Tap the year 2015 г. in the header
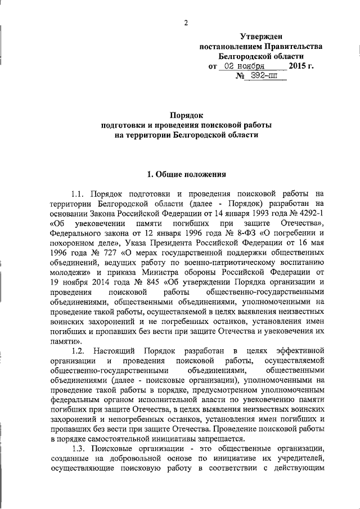coord(301,66)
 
